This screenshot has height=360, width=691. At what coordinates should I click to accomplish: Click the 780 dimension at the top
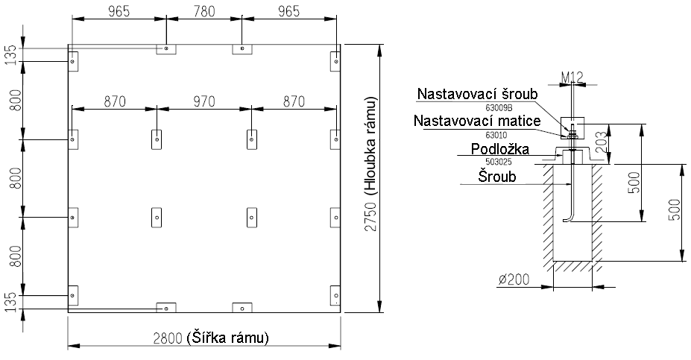tap(204, 11)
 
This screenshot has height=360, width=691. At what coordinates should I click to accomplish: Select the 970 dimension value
tap(204, 102)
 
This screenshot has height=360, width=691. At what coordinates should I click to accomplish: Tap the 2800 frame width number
tap(168, 338)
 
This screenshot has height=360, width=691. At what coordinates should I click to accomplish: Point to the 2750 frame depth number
tap(371, 216)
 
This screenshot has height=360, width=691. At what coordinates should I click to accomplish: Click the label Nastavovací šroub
tap(478, 94)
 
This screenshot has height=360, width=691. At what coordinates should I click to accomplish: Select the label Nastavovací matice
tap(477, 121)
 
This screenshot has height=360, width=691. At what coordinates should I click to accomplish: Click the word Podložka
tap(499, 149)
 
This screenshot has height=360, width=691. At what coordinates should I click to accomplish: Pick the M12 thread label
tap(572, 78)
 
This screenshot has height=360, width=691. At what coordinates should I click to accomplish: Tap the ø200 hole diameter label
tap(514, 280)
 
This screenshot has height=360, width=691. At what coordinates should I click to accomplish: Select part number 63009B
tap(499, 107)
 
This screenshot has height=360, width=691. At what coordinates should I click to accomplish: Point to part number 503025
tap(499, 162)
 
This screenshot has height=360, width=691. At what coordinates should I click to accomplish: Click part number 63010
tap(496, 135)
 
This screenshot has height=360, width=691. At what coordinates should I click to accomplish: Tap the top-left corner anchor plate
tap(73, 61)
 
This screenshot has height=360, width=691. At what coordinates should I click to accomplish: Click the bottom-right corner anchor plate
tap(335, 295)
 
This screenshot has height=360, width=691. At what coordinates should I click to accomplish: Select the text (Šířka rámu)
tap(227, 338)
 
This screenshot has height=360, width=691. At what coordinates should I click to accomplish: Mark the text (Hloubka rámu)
tap(371, 145)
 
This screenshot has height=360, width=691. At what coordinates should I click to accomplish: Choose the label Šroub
tap(497, 177)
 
